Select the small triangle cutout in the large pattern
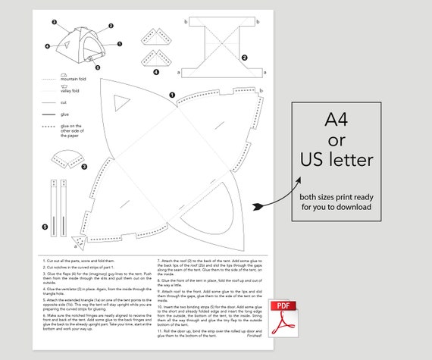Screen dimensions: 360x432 pos(120,104)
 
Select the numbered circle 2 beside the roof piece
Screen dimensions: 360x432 pos(244,57)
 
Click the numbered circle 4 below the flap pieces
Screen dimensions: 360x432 pos(156,72)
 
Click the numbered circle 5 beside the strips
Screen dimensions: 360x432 pos(45,226)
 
